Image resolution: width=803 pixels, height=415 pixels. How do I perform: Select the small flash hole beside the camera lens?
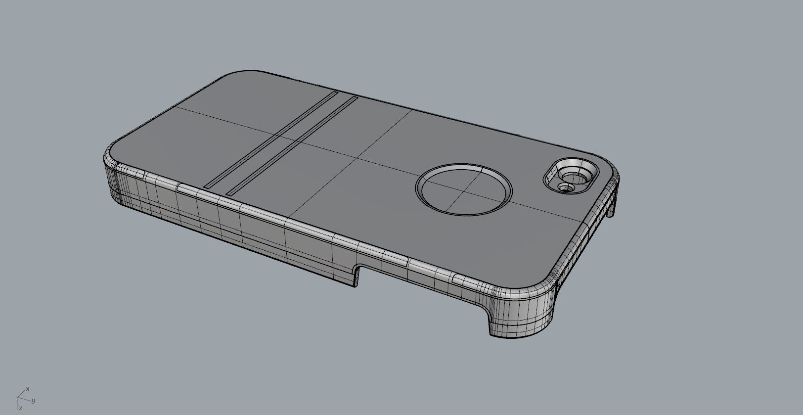click(565, 187)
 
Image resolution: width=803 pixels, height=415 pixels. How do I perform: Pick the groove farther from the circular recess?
click(271, 138)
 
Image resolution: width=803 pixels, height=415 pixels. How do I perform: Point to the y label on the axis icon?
click(33, 401)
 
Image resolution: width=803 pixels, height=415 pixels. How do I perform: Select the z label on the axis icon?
click(21, 408)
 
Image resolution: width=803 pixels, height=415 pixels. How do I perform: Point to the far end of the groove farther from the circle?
click(336, 92)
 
